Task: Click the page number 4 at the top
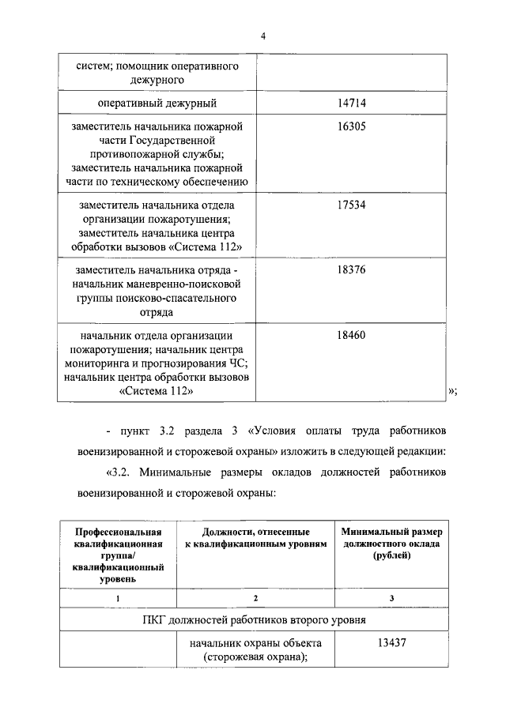[x=253, y=35]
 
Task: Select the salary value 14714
[x=351, y=103]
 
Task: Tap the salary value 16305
[x=351, y=126]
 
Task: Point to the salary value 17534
[x=351, y=205]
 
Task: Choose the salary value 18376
[x=351, y=269]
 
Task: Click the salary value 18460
[x=351, y=334]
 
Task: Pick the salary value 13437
[x=392, y=642]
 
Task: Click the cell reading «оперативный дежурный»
[x=157, y=103]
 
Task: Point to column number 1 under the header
[x=118, y=598]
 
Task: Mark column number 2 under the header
[x=255, y=598]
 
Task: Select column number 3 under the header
[x=392, y=598]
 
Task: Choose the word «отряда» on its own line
[x=157, y=312]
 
